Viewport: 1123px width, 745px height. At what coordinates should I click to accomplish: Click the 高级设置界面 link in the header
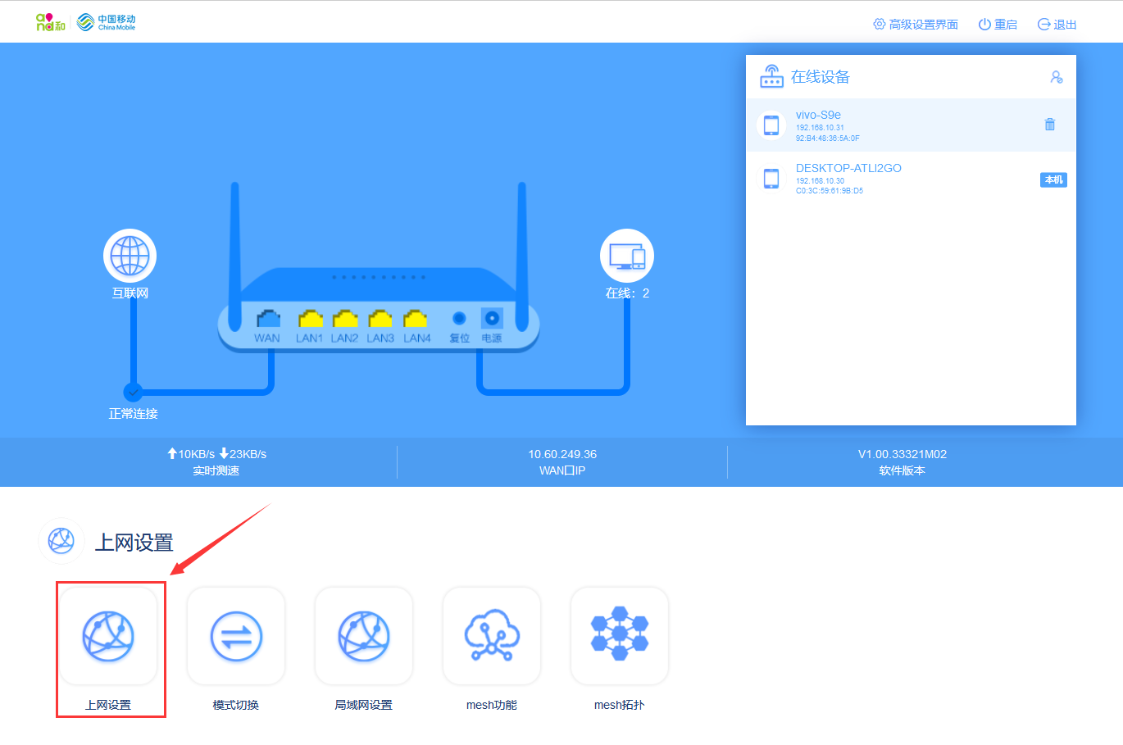click(916, 25)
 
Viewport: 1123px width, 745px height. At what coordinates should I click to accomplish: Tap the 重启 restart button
click(998, 25)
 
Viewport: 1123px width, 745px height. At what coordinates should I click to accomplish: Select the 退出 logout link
click(1057, 25)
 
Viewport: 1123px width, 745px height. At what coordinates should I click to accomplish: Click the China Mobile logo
click(107, 22)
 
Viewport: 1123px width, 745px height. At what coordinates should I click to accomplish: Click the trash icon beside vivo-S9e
click(1049, 125)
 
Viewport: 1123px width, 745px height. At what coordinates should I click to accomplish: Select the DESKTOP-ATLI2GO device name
click(848, 168)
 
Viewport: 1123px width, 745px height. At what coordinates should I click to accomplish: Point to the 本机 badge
click(1053, 179)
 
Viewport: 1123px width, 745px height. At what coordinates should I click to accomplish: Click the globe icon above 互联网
click(130, 256)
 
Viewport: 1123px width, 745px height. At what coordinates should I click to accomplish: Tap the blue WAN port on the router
click(267, 318)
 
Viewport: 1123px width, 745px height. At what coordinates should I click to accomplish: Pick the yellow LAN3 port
click(380, 318)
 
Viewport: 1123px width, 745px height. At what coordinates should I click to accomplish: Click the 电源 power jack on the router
click(492, 318)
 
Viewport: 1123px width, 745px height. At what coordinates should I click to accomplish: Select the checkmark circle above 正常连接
click(133, 392)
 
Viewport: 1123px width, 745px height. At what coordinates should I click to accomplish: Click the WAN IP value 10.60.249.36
click(562, 454)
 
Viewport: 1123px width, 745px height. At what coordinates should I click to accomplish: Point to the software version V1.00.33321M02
click(902, 454)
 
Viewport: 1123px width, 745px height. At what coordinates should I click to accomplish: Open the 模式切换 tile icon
click(236, 636)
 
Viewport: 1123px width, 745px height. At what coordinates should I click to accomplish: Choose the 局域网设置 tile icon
click(364, 636)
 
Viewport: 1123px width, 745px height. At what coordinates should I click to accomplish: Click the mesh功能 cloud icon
click(492, 636)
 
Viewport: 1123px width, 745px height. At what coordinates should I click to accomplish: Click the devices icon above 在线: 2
click(627, 256)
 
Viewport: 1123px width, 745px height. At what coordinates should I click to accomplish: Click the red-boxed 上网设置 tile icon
click(108, 636)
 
